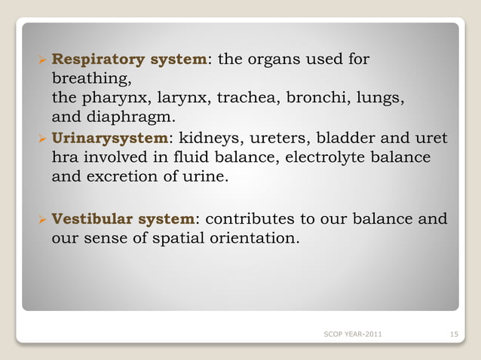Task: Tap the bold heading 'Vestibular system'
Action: click(x=123, y=219)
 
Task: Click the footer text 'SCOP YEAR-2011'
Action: click(x=351, y=334)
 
